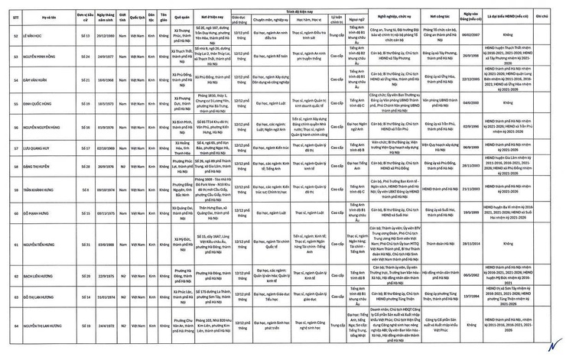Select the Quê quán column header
(182, 15)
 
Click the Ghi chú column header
(542, 15)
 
